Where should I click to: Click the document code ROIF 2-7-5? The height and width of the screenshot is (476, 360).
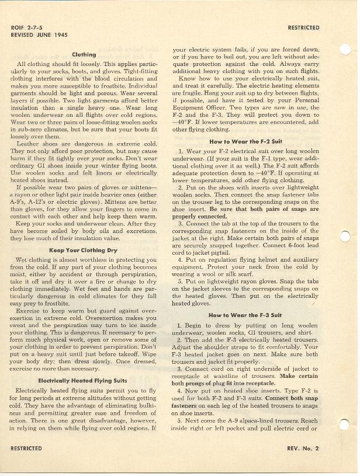[x=27, y=27]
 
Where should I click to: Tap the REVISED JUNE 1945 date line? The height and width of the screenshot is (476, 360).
[x=37, y=35]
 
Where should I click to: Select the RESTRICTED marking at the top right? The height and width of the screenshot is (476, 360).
[x=303, y=27]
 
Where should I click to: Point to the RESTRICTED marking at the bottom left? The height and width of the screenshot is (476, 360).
[x=26, y=448]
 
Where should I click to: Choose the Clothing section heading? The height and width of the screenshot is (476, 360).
[x=84, y=55]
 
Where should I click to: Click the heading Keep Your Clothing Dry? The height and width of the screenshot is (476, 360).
[x=84, y=251]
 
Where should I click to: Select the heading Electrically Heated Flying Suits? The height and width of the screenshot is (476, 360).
[x=84, y=381]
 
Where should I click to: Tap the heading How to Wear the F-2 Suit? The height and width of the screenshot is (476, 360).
[x=244, y=142]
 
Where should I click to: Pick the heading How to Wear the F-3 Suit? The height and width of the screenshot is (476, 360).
[x=244, y=315]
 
